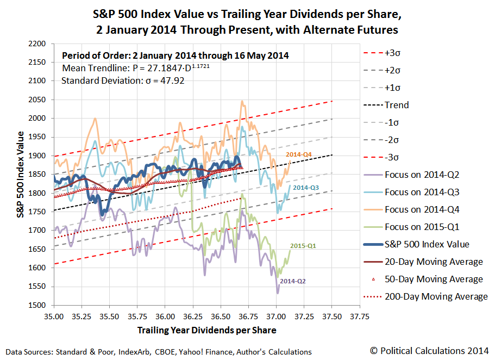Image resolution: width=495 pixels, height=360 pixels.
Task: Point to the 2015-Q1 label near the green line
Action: coord(303,246)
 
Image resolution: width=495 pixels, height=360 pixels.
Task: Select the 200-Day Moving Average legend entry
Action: coord(429,296)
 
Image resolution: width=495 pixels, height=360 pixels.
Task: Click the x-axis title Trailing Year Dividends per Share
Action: coord(206,330)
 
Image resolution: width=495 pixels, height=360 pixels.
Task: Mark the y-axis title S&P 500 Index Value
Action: coord(20,174)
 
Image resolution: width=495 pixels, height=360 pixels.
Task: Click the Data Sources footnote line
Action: coord(159,352)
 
